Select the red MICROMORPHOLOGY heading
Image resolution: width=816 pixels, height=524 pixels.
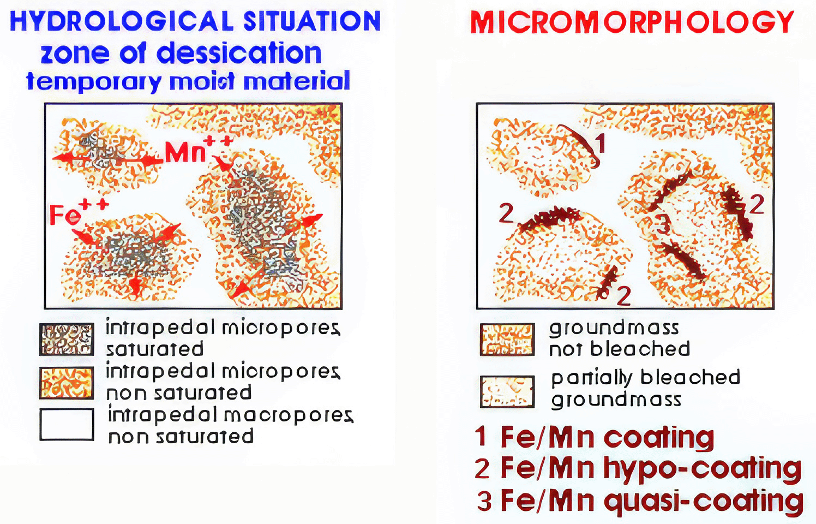click(x=632, y=22)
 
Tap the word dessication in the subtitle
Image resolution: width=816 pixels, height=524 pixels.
click(x=239, y=53)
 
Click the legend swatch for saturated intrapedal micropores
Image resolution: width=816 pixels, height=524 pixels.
click(x=67, y=339)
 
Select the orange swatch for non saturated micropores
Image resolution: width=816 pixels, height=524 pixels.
click(x=67, y=383)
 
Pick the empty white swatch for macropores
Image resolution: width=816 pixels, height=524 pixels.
click(x=67, y=425)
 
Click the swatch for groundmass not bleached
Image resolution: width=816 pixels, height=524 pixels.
click(x=507, y=339)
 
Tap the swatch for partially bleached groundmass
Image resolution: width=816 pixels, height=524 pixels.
click(x=507, y=391)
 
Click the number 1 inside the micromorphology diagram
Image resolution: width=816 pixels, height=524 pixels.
click(x=601, y=143)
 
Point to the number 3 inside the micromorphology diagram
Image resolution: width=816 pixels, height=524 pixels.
click(x=663, y=224)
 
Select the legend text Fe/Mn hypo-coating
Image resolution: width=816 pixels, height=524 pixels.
click(x=650, y=468)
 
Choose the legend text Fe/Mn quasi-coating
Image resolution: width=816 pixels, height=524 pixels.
click(x=652, y=502)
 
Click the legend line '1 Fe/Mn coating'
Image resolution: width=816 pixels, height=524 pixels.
click(x=595, y=437)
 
